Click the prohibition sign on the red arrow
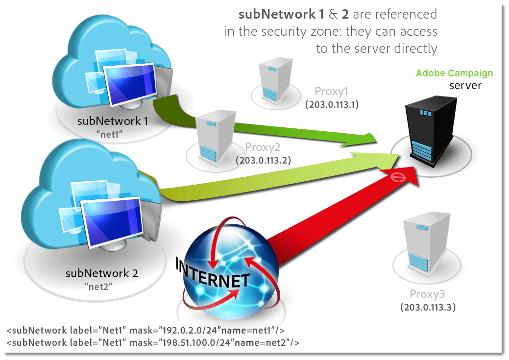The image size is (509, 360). tap(399, 177)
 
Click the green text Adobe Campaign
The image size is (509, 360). tap(454, 73)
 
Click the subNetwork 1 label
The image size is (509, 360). tap(112, 121)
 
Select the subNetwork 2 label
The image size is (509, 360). tap(101, 273)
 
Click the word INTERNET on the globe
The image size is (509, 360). tap(214, 276)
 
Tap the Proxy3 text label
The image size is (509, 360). tap(427, 294)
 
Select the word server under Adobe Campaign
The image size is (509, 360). tap(465, 86)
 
